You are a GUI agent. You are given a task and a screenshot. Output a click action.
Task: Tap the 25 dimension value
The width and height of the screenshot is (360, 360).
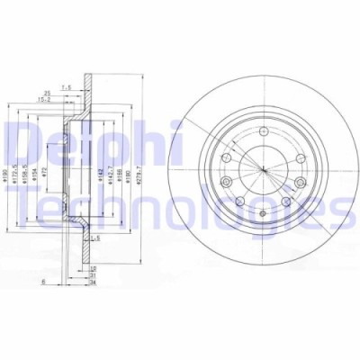pyautogui.click(x=46, y=92)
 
